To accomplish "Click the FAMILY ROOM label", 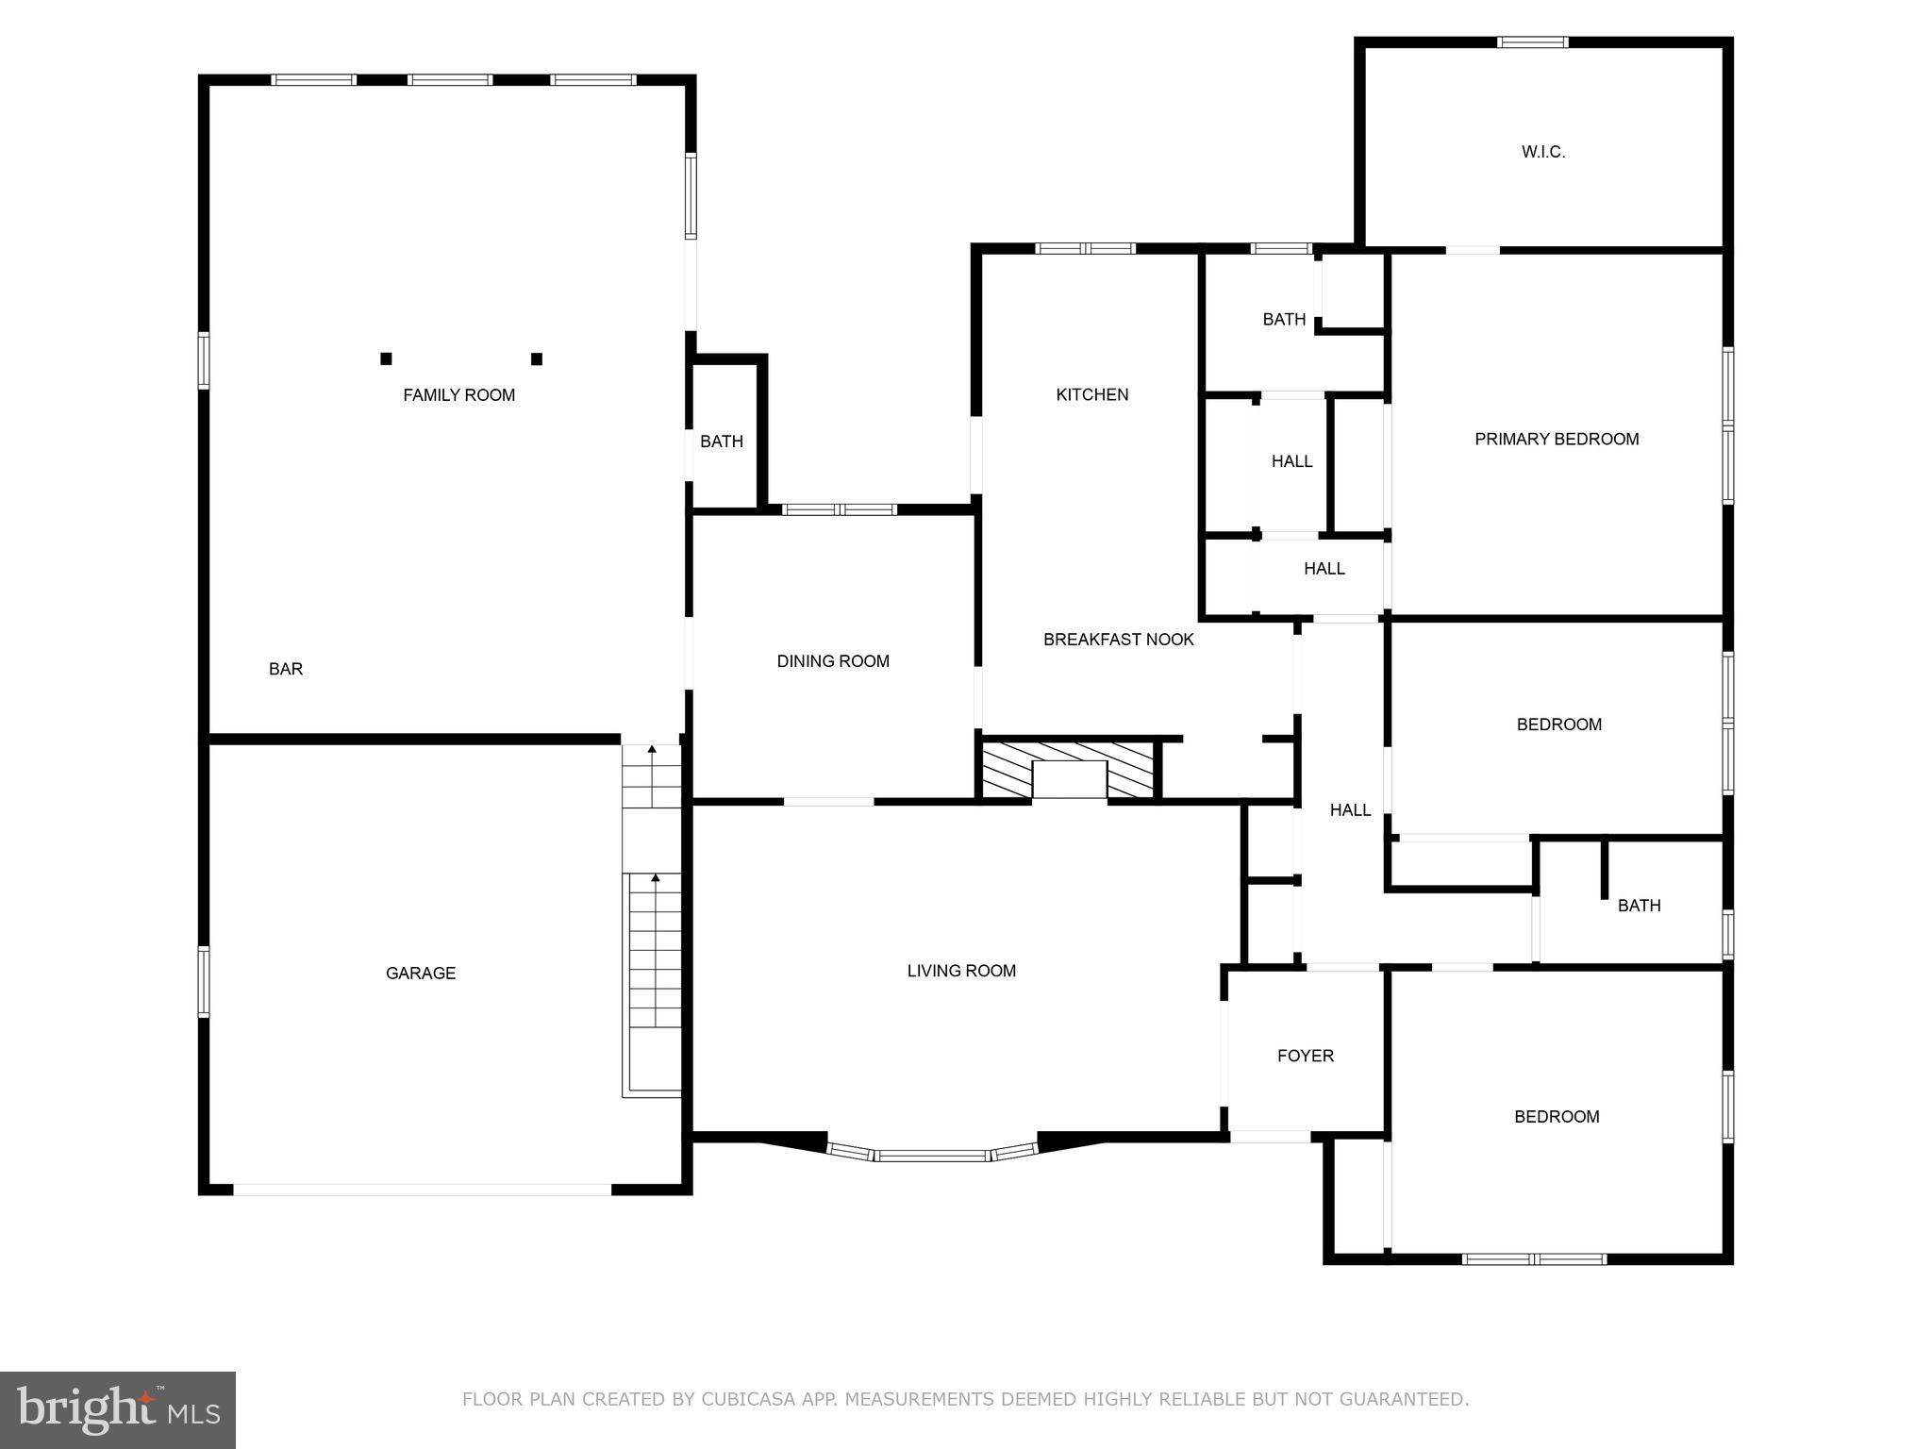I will pyautogui.click(x=458, y=395).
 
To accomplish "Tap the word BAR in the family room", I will pyautogui.click(x=286, y=669).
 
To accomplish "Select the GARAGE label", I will pyautogui.click(x=421, y=973).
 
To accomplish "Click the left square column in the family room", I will pyautogui.click(x=386, y=358).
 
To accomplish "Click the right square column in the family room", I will pyautogui.click(x=537, y=358).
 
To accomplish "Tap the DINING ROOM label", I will pyautogui.click(x=833, y=661).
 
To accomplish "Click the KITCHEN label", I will pyautogui.click(x=1091, y=394).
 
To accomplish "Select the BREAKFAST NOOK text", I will pyautogui.click(x=1118, y=640).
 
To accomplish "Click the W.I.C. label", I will pyautogui.click(x=1543, y=152).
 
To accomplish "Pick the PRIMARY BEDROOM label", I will pyautogui.click(x=1557, y=439).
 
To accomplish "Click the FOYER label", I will pyautogui.click(x=1306, y=1056).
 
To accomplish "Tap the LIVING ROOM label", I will pyautogui.click(x=961, y=971).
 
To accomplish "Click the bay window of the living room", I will pyautogui.click(x=932, y=1154).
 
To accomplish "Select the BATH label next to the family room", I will pyautogui.click(x=722, y=441).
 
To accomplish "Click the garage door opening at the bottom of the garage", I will pyautogui.click(x=422, y=1190).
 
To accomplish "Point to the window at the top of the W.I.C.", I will pyautogui.click(x=1533, y=42).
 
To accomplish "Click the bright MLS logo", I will pyautogui.click(x=117, y=1409).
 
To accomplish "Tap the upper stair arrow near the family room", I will pyautogui.click(x=652, y=749).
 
